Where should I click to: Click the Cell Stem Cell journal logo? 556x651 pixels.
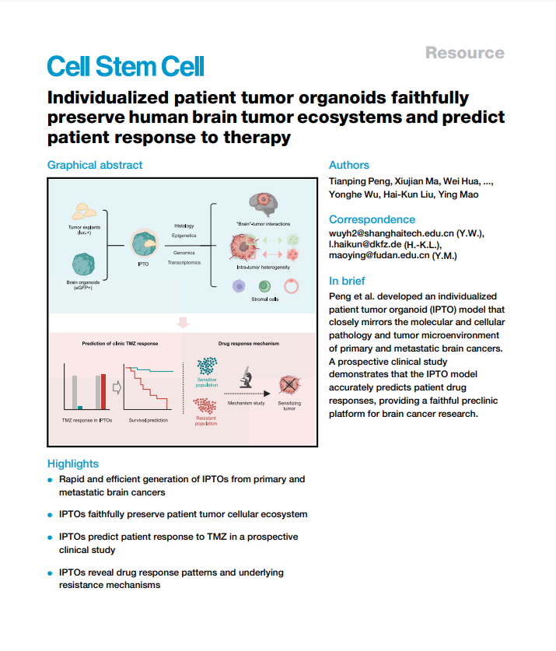pos(125,66)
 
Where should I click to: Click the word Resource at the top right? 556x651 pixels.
pos(464,53)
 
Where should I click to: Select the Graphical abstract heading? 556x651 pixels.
pos(95,165)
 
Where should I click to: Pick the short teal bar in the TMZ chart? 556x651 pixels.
pos(80,406)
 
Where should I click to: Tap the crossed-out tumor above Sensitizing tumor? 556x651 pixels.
pos(289,384)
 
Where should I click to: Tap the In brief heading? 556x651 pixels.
pos(347,281)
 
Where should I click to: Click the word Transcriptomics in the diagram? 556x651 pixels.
pos(184,263)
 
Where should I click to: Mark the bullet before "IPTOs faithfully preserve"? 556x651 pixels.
pos(51,515)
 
